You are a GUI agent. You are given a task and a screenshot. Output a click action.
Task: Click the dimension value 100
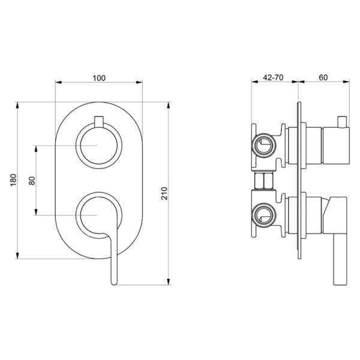[100, 77]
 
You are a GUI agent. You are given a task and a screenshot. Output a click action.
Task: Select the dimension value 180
[13, 180]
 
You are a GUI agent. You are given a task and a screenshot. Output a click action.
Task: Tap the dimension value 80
[32, 180]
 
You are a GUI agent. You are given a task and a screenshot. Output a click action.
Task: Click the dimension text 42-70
[274, 77]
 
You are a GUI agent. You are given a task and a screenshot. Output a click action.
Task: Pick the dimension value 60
[323, 77]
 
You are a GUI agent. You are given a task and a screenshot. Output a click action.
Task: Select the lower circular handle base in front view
[96, 214]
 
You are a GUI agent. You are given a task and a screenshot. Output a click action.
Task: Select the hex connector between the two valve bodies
[265, 180]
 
